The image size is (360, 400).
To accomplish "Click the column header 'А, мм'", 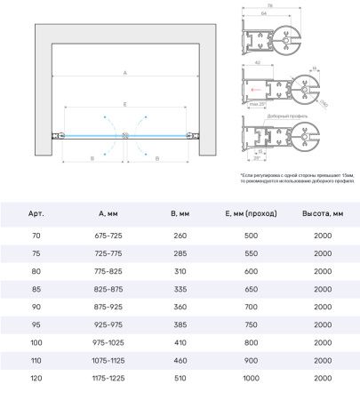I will pyautogui.click(x=106, y=214).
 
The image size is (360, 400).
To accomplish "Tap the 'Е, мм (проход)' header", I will pyautogui.click(x=252, y=214).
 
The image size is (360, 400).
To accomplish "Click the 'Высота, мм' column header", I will pyautogui.click(x=324, y=214).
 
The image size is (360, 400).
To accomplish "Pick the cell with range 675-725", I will pyautogui.click(x=106, y=235).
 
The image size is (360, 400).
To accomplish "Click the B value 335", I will pyautogui.click(x=180, y=289).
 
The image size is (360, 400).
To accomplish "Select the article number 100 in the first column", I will pyautogui.click(x=35, y=342).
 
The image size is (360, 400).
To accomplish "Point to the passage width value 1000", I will pyautogui.click(x=252, y=379).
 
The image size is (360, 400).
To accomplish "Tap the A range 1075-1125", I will pyautogui.click(x=106, y=361).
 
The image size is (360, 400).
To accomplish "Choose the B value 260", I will pyautogui.click(x=180, y=235).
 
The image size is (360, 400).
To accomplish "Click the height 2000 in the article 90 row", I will pyautogui.click(x=324, y=307).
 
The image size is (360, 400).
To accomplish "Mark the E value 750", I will pyautogui.click(x=252, y=324).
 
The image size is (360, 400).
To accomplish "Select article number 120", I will pyautogui.click(x=35, y=379).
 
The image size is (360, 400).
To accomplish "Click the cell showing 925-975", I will pyautogui.click(x=106, y=324).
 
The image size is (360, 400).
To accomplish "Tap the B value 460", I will pyautogui.click(x=180, y=361).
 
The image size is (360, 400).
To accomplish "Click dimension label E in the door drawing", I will pyautogui.click(x=125, y=105).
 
